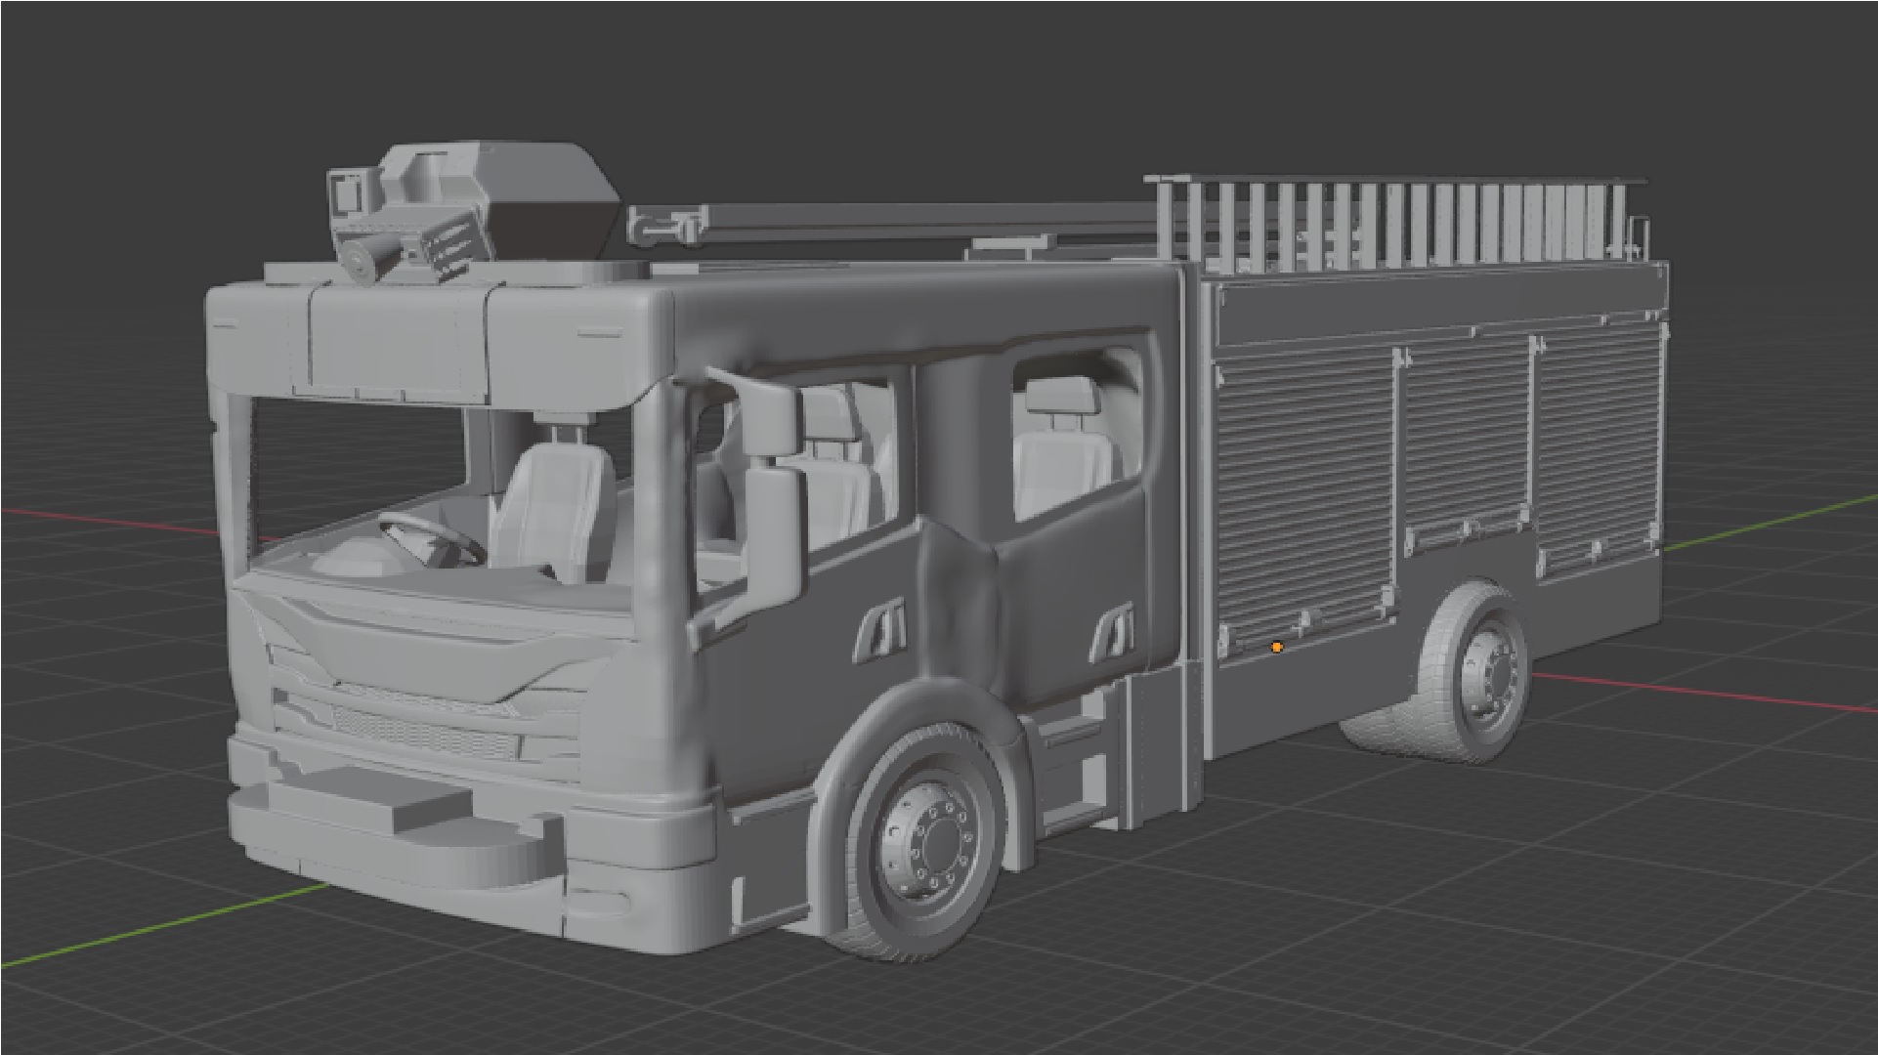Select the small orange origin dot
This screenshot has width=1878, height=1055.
[1276, 647]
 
